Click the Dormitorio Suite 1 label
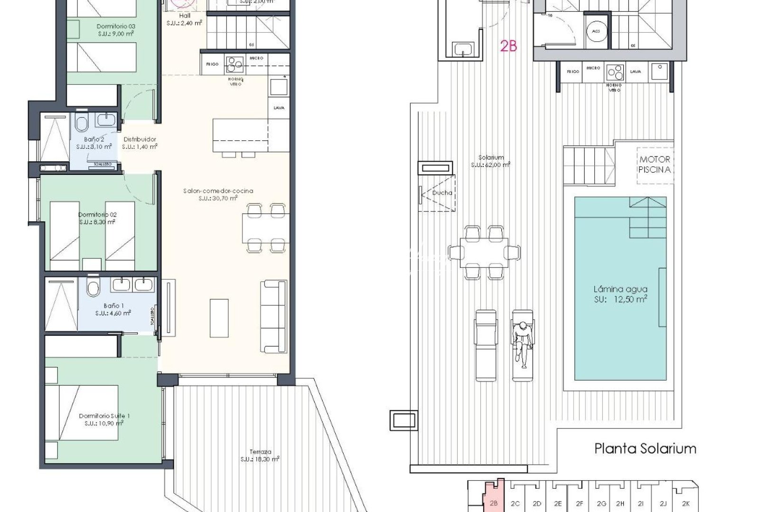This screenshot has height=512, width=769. click(104, 416)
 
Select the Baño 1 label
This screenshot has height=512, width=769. click(113, 306)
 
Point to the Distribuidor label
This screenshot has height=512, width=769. click(140, 139)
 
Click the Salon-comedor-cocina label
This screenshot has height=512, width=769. click(218, 191)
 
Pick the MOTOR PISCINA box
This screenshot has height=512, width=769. click(655, 165)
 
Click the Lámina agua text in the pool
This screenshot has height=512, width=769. click(620, 289)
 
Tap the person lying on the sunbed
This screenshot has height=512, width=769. click(522, 344)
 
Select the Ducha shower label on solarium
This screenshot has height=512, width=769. click(442, 193)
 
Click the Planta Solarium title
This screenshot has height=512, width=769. click(645, 448)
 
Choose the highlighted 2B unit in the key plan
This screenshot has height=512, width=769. click(493, 503)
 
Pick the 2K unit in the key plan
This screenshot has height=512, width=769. click(685, 503)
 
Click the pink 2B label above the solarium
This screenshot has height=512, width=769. click(508, 46)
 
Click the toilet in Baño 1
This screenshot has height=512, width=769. click(94, 287)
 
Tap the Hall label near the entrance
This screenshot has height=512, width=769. click(185, 16)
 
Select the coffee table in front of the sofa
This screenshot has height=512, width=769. click(219, 318)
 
